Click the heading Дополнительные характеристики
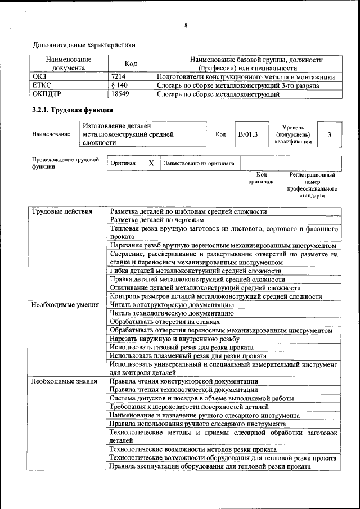tap(84, 44)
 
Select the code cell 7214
tap(119, 77)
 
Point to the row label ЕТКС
tap(42, 85)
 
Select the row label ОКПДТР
tap(47, 94)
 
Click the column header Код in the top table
tap(130, 64)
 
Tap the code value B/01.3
tap(247, 134)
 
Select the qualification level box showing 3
tap(330, 134)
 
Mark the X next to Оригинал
tap(151, 163)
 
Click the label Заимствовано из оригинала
tap(199, 163)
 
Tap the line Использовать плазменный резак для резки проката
tap(188, 356)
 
